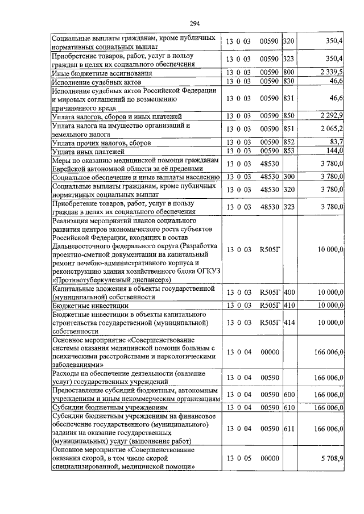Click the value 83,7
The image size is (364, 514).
click(x=336, y=142)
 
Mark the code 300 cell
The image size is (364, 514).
click(x=288, y=177)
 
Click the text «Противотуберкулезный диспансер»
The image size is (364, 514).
click(x=111, y=280)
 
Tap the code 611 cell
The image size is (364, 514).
click(x=288, y=429)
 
